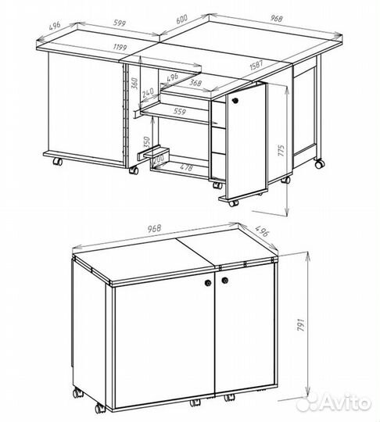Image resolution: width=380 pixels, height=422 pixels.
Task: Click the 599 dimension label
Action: coord(120,23)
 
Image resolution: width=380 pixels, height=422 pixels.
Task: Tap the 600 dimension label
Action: coord(181,20)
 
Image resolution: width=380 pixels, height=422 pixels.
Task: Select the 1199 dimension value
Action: coord(120,48)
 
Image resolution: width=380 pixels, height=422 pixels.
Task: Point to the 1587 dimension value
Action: coord(256,65)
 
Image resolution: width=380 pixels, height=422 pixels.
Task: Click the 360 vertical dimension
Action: coord(134,83)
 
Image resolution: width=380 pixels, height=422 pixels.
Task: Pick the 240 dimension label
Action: coord(148,93)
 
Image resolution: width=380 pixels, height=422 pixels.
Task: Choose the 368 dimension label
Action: coord(195,82)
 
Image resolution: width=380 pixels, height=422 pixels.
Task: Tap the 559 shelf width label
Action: coord(180,111)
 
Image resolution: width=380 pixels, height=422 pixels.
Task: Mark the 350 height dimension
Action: coord(146,141)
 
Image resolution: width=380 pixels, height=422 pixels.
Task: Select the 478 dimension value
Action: coord(186,167)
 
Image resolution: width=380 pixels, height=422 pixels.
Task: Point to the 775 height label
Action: coord(281,151)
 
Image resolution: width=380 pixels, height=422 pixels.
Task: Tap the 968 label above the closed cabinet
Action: coord(155,228)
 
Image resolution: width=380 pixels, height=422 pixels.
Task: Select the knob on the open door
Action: coord(235,100)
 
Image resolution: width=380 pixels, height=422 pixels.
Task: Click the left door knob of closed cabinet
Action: coord(208,283)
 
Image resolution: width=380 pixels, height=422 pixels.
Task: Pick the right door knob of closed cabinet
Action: coord(225,281)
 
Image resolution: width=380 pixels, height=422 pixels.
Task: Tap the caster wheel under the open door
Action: coord(233,202)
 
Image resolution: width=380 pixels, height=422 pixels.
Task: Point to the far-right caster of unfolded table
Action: coord(320,164)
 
